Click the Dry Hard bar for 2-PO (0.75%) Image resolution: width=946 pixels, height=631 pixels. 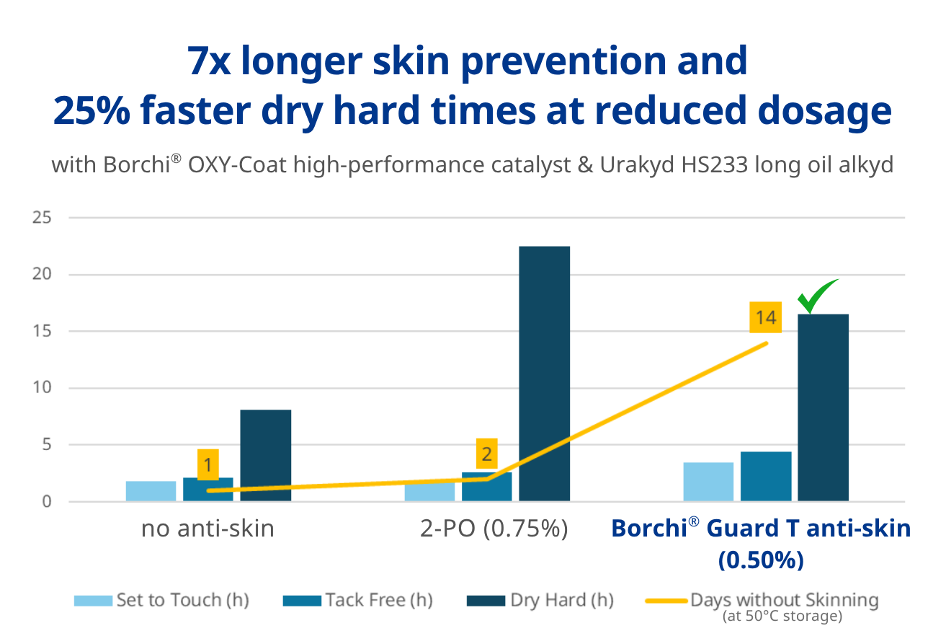coord(545,374)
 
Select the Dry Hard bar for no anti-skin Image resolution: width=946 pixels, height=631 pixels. coord(266,455)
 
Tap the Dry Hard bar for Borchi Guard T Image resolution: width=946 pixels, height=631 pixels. coord(823,407)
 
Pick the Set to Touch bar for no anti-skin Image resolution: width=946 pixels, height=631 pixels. coord(151,491)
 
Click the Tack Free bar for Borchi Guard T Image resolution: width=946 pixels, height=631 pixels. coord(766,476)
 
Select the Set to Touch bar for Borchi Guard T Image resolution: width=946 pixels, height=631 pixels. coord(709,482)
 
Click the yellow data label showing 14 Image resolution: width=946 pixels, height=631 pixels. coord(766,317)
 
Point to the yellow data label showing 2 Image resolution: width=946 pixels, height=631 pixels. coord(487,454)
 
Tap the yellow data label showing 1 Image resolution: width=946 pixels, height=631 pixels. coord(208,465)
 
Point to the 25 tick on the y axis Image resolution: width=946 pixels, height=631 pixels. coord(42,218)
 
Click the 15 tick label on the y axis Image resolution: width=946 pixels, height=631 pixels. coord(42,331)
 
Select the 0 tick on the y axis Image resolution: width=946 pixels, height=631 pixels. coord(47,502)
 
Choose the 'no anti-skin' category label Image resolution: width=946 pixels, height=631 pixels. coord(208,529)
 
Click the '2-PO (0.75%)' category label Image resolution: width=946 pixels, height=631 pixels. coord(494,529)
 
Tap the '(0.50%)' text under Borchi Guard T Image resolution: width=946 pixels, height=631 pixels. coord(761,560)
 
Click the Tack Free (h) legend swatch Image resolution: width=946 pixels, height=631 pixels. coord(302,601)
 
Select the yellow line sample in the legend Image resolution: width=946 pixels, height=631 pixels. coord(666,601)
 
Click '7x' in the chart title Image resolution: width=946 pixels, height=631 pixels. coord(209,61)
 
